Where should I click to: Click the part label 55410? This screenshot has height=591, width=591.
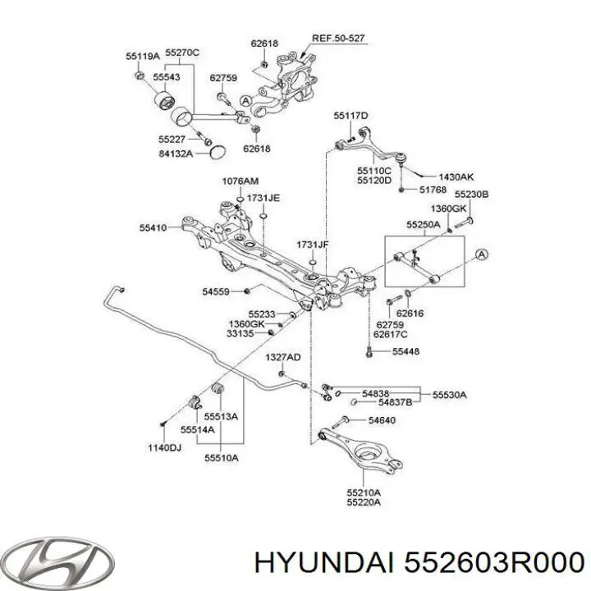153,227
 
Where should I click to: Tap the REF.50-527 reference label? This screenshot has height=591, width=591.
338,38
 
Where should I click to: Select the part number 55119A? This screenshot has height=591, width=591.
143,56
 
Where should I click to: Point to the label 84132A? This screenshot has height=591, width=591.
176,153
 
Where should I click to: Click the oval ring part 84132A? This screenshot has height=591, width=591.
218,152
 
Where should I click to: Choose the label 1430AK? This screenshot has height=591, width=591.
456,176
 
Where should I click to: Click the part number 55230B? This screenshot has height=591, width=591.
471,195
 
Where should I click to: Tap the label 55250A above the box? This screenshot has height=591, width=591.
424,225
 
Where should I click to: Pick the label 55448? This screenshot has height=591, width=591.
406,351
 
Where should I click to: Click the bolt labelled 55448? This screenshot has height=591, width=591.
369,352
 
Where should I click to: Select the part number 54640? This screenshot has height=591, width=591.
382,420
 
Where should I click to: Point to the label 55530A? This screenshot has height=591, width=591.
450,395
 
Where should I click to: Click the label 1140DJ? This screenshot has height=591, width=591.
164,448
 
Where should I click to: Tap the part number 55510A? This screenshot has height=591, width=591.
222,458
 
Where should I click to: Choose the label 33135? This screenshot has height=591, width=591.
240,333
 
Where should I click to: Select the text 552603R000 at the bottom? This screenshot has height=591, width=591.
494,564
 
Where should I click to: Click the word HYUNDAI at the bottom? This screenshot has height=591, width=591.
324,564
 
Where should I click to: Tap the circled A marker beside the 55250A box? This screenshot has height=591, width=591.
481,254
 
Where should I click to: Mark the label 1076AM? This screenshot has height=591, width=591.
240,181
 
